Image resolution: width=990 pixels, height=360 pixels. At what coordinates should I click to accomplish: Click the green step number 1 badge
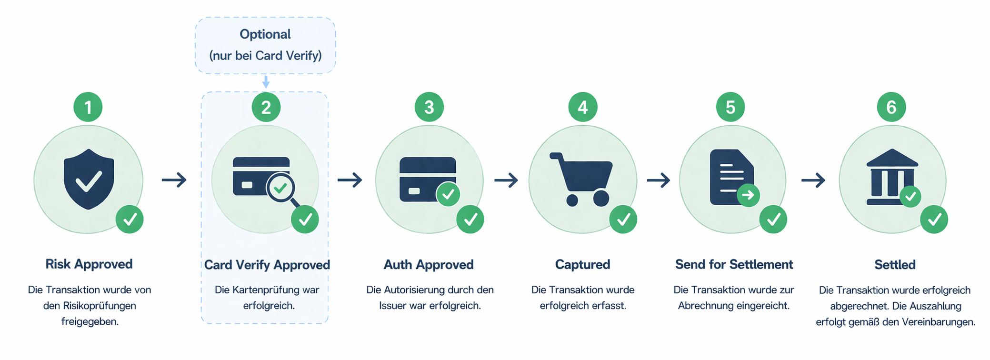coord(88,107)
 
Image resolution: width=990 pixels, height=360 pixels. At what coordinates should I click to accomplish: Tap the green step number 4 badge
coord(583,107)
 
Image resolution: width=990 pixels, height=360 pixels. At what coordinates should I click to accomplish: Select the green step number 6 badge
coord(891,107)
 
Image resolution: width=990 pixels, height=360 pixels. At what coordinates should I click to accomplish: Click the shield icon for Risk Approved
coord(89,179)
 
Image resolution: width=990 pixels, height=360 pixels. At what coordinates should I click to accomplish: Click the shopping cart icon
coord(581,180)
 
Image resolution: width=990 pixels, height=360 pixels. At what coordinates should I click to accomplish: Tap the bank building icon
coord(892,177)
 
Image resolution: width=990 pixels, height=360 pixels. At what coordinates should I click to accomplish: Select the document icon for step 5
coord(732,177)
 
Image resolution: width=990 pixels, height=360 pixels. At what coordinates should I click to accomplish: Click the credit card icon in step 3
coord(428,180)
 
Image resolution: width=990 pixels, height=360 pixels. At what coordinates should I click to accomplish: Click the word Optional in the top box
coord(265,34)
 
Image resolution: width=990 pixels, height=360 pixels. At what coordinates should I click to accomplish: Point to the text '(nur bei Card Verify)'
coord(266,56)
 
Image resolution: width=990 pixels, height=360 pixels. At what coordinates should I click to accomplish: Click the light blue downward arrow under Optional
coord(266,81)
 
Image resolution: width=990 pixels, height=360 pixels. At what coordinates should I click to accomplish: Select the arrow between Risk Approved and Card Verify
coord(174,180)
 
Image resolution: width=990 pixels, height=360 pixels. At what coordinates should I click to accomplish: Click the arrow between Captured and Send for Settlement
coord(659,180)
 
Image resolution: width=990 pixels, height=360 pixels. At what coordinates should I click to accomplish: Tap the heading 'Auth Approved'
coord(429,264)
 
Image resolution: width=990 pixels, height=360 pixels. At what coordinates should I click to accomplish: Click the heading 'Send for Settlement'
coord(734,264)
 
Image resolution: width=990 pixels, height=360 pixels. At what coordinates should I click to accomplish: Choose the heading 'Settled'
coord(895,265)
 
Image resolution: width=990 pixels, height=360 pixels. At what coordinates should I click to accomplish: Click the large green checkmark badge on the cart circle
coord(623,220)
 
